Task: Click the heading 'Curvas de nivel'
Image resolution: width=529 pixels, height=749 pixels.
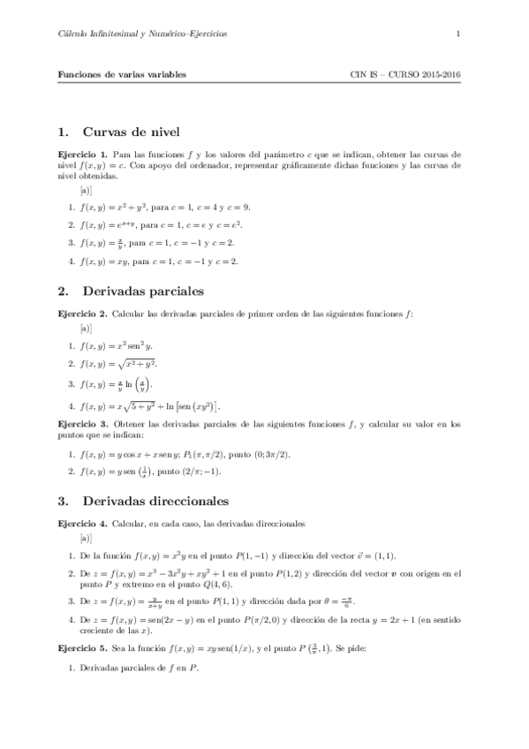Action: point(131,132)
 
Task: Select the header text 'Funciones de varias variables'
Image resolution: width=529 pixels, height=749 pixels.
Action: point(122,75)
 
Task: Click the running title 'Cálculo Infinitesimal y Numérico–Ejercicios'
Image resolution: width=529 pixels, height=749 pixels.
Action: point(142,34)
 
